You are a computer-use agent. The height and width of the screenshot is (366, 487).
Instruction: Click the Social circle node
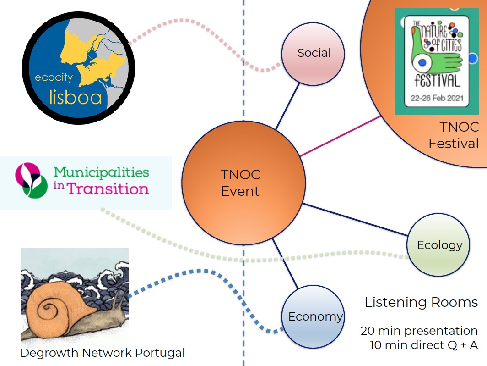313,53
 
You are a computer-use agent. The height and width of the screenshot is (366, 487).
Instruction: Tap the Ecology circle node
438,245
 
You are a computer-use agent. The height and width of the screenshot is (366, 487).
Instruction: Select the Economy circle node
313,316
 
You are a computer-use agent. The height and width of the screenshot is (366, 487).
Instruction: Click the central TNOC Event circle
243,183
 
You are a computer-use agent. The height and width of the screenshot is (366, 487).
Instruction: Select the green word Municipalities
102,172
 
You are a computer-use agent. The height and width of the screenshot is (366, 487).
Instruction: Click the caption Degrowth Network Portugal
103,353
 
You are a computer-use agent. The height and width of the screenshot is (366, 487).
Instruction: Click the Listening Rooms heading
421,303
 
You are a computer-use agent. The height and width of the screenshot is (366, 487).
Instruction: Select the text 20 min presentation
419,331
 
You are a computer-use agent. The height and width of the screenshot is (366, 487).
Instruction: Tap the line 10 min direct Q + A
424,345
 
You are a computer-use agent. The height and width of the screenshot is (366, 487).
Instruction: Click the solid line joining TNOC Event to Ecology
355,219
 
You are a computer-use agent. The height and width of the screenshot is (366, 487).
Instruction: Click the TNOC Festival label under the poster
453,135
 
